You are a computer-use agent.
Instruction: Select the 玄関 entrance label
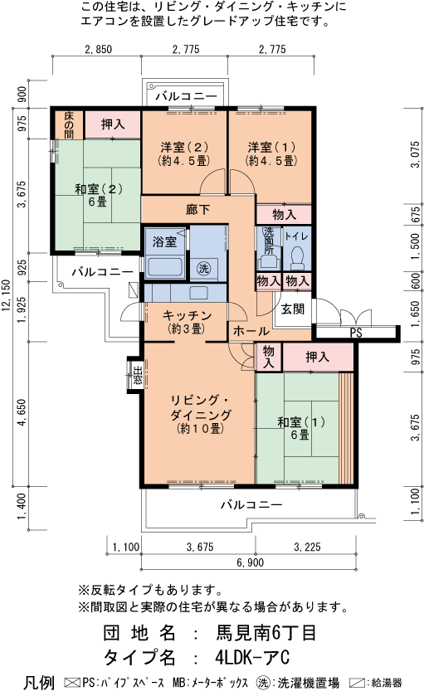(292, 309)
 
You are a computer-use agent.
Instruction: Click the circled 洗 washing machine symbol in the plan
(204, 268)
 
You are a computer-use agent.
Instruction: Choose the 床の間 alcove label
(69, 124)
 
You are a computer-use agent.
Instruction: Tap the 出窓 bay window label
(138, 375)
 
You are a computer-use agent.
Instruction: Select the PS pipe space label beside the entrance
(355, 333)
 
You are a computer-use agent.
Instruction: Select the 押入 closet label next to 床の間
(113, 124)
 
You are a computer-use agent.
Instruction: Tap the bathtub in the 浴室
(163, 267)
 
